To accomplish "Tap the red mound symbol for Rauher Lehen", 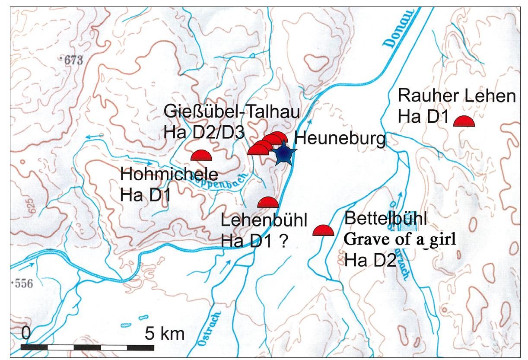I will tap(464, 121).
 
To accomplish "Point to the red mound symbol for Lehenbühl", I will tap(268, 202).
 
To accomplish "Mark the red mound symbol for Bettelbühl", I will tap(323, 230).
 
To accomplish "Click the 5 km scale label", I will tap(164, 333).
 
